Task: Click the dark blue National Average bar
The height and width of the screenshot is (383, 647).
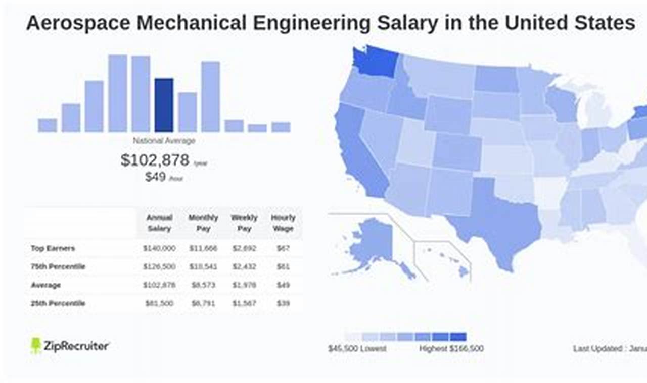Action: pyautogui.click(x=164, y=105)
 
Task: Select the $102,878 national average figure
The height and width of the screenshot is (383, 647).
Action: pyautogui.click(x=155, y=160)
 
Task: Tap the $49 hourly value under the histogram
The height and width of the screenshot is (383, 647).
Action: pyautogui.click(x=156, y=177)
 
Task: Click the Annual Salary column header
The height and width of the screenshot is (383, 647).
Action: pyautogui.click(x=159, y=223)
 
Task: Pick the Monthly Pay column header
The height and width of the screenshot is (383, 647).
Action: pyautogui.click(x=203, y=223)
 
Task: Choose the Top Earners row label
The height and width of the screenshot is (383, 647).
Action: pyautogui.click(x=53, y=248)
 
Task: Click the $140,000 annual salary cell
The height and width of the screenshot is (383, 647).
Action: pyautogui.click(x=159, y=248)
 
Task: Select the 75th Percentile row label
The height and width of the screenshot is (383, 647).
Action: pyautogui.click(x=58, y=266)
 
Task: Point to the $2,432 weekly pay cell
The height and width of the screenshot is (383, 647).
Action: pyautogui.click(x=244, y=266)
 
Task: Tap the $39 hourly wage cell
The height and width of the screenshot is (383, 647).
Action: pyautogui.click(x=283, y=303)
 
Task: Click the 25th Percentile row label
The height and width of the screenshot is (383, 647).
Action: pyautogui.click(x=58, y=303)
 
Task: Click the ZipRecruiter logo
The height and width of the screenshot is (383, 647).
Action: pyautogui.click(x=70, y=346)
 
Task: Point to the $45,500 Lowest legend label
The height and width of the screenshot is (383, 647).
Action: pyautogui.click(x=357, y=348)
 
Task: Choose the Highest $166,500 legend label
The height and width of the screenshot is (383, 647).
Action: pyautogui.click(x=451, y=348)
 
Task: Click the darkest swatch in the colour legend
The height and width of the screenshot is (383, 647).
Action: pyautogui.click(x=458, y=337)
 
